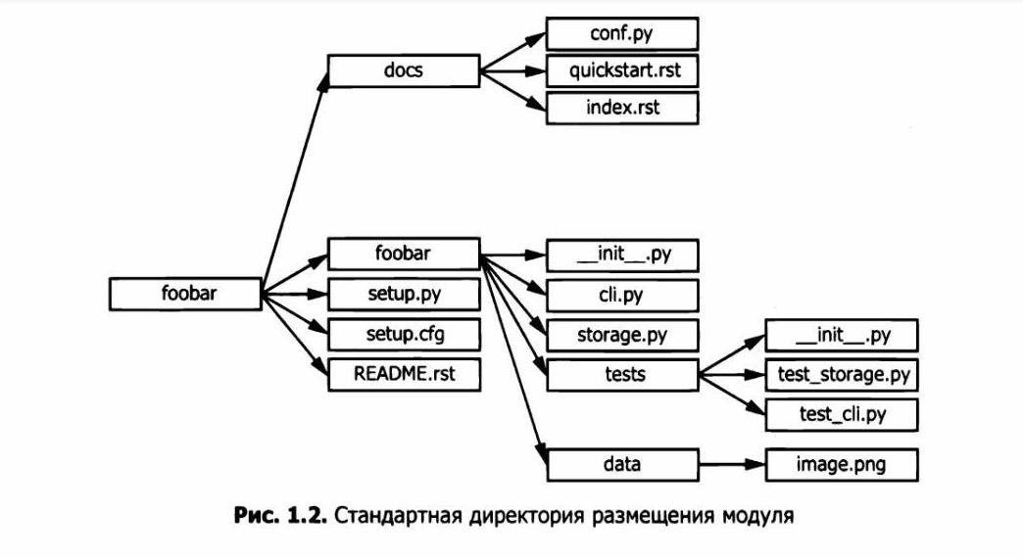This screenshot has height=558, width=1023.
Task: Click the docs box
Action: tap(403, 70)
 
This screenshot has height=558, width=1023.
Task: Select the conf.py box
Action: tap(621, 34)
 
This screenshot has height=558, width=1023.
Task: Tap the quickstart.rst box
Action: tap(621, 70)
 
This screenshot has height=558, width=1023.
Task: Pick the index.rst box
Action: tap(621, 107)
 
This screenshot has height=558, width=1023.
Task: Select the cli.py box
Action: tap(621, 295)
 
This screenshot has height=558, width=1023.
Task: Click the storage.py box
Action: tap(621, 334)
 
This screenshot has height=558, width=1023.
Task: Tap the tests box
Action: tap(621, 373)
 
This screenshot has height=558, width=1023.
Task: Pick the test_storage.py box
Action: tap(841, 374)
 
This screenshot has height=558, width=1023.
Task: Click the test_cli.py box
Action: tap(841, 414)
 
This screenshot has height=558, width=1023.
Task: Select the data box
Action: tap(621, 463)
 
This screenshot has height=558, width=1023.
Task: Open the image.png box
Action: tap(841, 463)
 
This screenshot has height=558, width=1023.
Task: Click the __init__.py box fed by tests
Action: tap(841, 335)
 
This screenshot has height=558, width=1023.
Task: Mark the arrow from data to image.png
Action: tap(731, 463)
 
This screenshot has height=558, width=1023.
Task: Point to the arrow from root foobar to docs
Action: tap(294, 176)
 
